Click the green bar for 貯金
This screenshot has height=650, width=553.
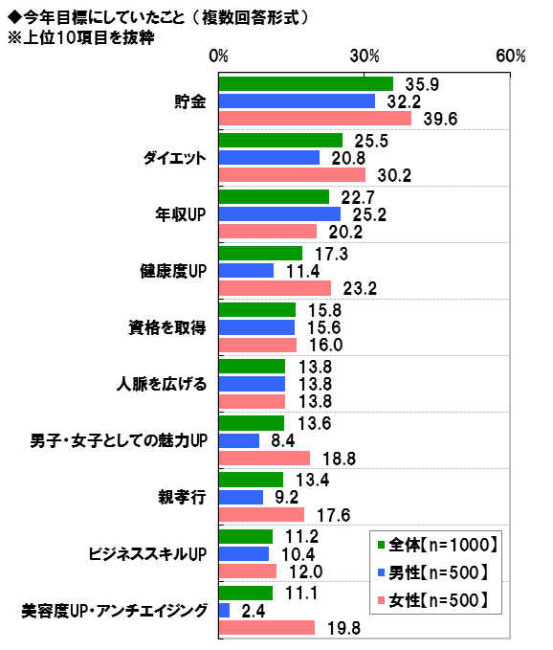point(306,83)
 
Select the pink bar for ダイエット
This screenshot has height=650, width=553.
point(292,175)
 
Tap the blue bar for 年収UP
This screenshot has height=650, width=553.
point(279,213)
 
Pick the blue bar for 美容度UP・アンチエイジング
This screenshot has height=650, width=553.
point(225,610)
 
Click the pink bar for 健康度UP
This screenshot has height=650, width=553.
point(275,288)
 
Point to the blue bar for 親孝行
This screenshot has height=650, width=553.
point(241,497)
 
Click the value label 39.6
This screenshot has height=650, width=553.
point(440,120)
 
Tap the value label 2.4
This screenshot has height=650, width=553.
point(254,611)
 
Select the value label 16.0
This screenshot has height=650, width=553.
point(326,346)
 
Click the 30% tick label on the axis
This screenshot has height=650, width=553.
point(365,56)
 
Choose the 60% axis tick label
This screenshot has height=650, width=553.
point(511,56)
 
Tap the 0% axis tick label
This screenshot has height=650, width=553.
point(218,56)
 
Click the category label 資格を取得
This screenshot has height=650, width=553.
point(167,328)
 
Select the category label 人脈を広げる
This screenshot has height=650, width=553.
point(162,384)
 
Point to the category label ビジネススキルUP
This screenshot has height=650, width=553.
point(147,554)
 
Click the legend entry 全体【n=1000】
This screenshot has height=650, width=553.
point(438,545)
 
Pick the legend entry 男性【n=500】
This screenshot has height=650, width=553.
point(433,572)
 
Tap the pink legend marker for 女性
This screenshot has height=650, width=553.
point(382,600)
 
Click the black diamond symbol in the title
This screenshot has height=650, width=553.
point(15,17)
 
